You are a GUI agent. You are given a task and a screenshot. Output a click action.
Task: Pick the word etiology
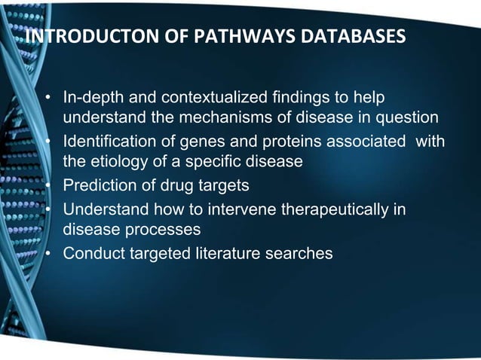(x=115, y=161)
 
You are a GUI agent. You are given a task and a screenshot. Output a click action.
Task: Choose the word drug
(x=174, y=185)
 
